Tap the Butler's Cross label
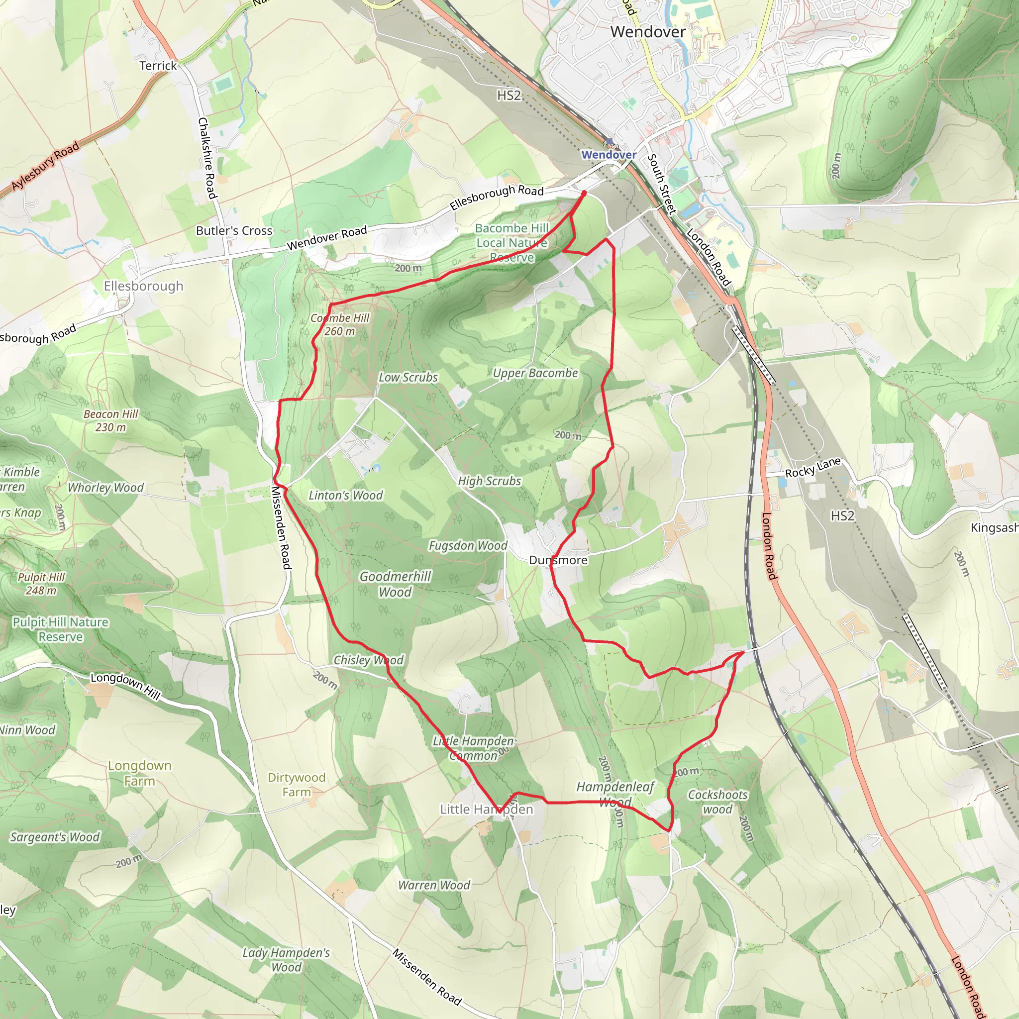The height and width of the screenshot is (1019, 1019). (234, 230)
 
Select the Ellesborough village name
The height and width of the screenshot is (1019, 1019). (143, 286)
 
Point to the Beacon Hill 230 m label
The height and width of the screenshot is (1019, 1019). (111, 420)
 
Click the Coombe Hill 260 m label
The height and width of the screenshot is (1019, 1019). (340, 324)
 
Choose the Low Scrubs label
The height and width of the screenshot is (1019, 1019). (408, 377)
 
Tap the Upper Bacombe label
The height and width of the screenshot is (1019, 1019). (535, 373)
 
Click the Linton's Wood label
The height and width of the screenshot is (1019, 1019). (345, 495)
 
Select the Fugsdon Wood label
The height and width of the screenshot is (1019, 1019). (468, 545)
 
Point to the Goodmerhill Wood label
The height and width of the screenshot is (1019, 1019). (395, 584)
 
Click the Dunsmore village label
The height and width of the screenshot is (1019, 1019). (558, 560)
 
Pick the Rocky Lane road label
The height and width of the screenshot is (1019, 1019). (813, 468)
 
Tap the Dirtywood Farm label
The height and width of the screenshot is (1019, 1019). (297, 784)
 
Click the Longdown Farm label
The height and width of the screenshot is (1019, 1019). (140, 773)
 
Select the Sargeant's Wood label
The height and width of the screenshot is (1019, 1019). (55, 837)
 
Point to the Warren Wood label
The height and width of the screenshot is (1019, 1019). (434, 885)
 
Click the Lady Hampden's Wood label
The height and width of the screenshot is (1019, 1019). (286, 959)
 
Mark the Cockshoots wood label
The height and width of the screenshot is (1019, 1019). (718, 802)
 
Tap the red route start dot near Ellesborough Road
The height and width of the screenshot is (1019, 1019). (584, 194)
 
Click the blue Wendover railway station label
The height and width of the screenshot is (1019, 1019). (609, 155)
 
